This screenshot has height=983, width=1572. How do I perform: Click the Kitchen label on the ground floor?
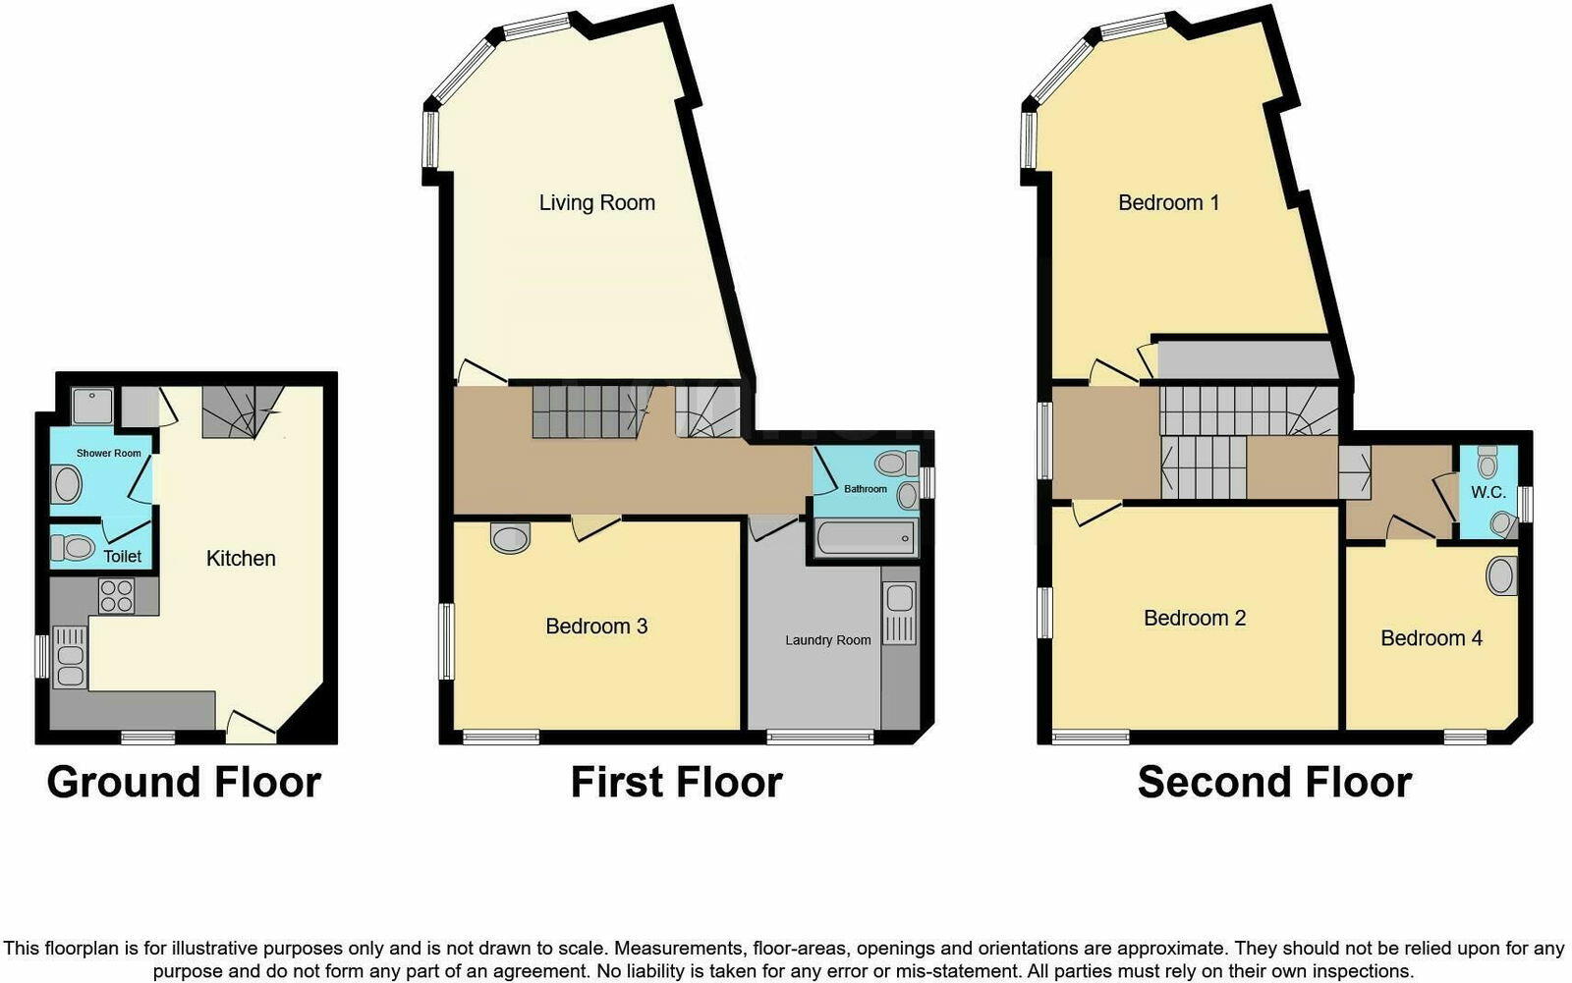(241, 559)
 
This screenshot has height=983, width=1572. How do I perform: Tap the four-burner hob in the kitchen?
(116, 596)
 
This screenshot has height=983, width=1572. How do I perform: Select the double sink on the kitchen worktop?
(70, 656)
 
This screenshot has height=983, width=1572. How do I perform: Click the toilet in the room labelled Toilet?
(72, 547)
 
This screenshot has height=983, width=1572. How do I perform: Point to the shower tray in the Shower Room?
(92, 406)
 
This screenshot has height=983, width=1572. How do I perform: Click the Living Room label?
(596, 203)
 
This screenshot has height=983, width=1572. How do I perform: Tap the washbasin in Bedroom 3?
(510, 537)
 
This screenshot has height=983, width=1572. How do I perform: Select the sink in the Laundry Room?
(899, 613)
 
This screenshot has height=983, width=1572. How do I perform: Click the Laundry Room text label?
(827, 640)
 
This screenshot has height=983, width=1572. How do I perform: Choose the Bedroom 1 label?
(1168, 203)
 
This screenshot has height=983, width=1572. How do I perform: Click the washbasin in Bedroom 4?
(1501, 576)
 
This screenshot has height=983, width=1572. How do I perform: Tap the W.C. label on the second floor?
(1488, 492)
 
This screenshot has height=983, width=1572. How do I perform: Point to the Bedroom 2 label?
(1195, 619)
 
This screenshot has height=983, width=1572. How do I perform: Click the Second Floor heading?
(1274, 783)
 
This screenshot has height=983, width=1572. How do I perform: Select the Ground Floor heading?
(184, 783)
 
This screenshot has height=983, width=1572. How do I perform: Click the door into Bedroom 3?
(594, 527)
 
